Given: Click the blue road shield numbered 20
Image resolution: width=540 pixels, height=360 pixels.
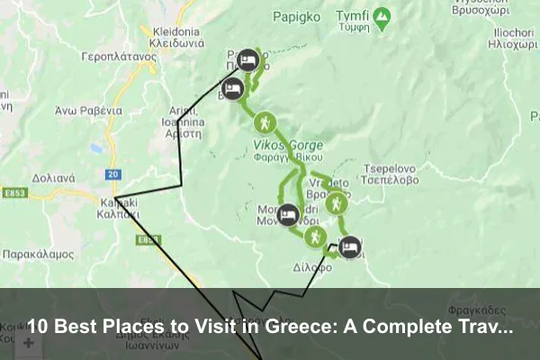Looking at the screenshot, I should point(112,174).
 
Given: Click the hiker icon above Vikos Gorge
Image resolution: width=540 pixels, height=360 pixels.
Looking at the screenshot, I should point(265,122).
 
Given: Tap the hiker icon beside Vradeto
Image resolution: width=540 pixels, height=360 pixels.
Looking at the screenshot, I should point(335,205).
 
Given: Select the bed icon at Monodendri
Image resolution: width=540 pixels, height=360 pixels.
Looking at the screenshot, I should point(288,214).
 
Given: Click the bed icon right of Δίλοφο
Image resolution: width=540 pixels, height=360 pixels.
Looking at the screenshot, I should point(349,246).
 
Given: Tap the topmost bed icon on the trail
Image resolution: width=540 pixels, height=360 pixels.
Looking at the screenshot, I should point(250,61).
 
